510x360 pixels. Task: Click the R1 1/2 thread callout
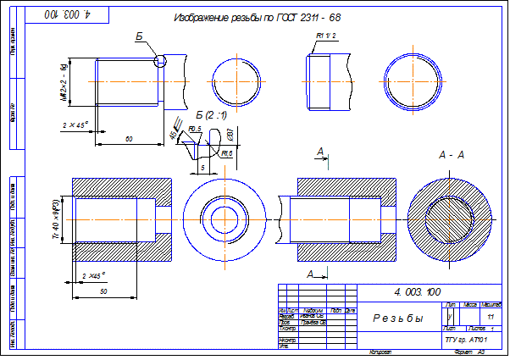coord(326,35)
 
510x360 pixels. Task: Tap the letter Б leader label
coord(138,36)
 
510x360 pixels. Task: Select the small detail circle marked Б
coord(160,60)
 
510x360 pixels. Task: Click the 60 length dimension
coord(128,137)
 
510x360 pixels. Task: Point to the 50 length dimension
coord(103,291)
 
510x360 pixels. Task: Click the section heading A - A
coord(450,155)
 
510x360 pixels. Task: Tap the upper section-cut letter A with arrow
coord(320,151)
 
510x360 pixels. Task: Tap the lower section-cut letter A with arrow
coord(313,274)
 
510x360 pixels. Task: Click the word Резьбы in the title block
coord(398,318)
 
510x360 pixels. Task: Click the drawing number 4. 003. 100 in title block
coord(418,291)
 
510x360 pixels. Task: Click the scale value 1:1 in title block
coord(491,315)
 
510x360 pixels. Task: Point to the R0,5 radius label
coord(195,129)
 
